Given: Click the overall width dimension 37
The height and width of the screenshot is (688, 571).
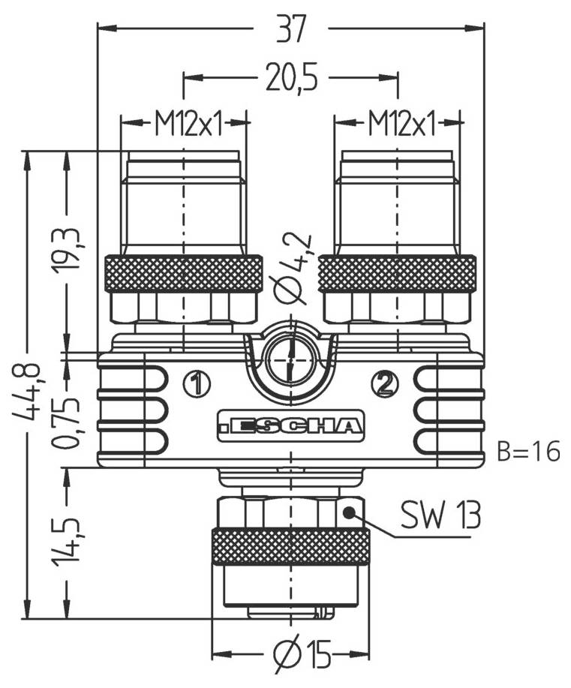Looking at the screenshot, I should [x=290, y=30].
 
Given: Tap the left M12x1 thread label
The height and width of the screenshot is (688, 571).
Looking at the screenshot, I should [x=188, y=123].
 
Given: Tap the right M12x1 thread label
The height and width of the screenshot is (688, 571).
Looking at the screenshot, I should [x=401, y=123].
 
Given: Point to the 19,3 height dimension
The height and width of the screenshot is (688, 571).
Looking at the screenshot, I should [x=69, y=248].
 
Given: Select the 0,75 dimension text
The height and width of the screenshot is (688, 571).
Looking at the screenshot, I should [x=69, y=424].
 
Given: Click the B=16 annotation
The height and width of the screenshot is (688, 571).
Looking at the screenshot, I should [x=528, y=452].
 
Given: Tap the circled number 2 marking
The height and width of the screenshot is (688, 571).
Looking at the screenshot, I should [x=385, y=384].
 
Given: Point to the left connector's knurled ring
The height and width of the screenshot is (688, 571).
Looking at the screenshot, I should [x=184, y=273].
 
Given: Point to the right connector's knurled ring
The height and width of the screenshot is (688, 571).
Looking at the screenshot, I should [x=397, y=273].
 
